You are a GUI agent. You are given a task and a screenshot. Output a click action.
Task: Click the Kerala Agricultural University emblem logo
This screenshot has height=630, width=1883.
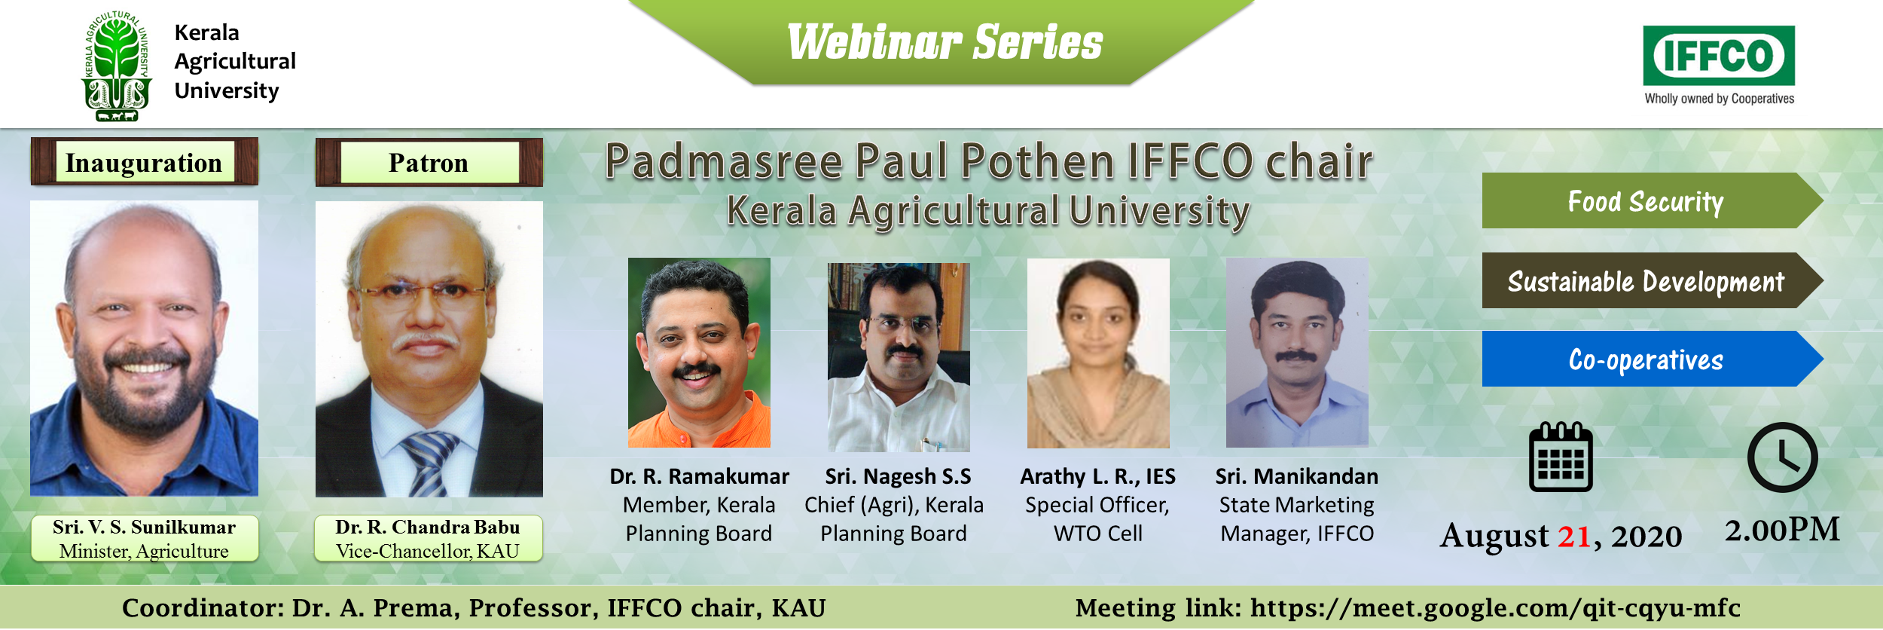coord(117,66)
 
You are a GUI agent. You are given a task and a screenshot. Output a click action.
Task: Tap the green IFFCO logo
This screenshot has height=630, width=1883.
coord(1719,56)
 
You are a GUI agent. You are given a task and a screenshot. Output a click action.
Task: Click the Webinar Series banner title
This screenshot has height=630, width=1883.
coord(945,42)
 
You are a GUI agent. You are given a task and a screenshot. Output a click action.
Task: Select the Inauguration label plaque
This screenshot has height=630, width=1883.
coord(144,162)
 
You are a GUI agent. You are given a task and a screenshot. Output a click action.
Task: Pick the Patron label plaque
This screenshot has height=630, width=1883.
coord(429,162)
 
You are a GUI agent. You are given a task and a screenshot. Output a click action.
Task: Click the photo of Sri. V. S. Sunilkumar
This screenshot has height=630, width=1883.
coord(144,348)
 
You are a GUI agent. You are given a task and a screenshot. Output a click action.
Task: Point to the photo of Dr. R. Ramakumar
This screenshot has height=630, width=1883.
coord(699,353)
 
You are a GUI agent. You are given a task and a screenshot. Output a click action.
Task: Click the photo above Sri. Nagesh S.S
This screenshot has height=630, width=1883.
coord(899,357)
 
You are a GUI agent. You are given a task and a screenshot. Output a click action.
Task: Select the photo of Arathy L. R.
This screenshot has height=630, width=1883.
coord(1098,353)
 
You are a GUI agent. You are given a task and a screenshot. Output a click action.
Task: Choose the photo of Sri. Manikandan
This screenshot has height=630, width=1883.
coord(1297,353)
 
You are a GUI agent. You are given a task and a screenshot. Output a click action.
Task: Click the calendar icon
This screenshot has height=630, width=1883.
coord(1561,457)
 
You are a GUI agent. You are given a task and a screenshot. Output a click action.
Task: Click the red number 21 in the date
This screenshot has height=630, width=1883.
coord(1574,537)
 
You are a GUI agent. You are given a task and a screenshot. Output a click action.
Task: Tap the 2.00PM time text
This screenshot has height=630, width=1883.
coord(1782,530)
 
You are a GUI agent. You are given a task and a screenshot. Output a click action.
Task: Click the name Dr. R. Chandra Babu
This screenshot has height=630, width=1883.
coord(428,527)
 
